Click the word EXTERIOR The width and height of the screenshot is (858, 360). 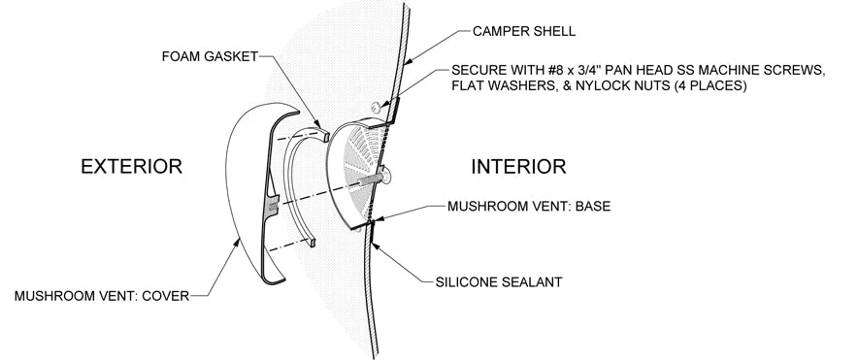131,166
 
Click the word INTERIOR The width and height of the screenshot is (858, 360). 518,166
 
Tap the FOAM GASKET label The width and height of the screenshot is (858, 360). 210,57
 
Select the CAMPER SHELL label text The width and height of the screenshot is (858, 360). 524,31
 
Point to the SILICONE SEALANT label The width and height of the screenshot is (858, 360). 499,282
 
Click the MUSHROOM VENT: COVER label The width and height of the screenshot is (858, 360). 102,296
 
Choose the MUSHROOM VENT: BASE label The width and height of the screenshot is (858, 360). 529,207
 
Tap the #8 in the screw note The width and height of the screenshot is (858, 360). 548,71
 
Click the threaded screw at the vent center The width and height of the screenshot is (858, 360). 367,181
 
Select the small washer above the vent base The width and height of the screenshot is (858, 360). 377,107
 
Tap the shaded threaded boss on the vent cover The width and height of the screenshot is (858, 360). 273,205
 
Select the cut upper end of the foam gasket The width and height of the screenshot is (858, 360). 323,132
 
